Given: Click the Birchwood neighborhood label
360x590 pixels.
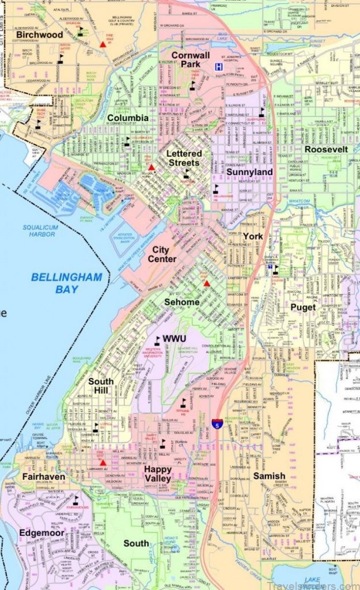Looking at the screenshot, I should click(40, 35).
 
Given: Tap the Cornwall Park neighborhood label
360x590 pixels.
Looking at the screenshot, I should click(185, 59).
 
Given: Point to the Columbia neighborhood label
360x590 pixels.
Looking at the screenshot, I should click(127, 118).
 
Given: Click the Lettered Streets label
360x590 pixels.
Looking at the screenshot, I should click(184, 158).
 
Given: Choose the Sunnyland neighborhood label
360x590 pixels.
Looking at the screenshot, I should click(249, 172).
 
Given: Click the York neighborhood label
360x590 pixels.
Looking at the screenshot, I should click(252, 236).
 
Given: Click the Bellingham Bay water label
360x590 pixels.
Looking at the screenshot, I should click(66, 283).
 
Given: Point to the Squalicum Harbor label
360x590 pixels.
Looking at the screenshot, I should click(39, 230).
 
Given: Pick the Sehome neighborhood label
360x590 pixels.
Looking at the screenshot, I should click(181, 302).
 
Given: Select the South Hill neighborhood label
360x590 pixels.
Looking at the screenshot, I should click(101, 386).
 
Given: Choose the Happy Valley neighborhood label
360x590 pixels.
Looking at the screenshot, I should click(157, 474).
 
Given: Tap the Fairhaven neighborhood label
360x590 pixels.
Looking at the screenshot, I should click(43, 477).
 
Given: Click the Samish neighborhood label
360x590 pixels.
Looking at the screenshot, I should click(268, 476).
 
